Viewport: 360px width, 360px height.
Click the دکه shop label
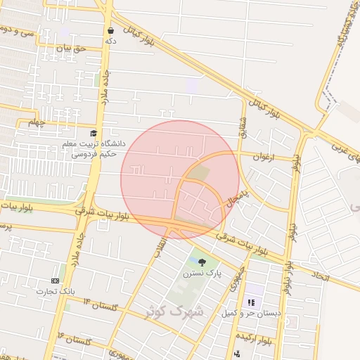click(110, 41)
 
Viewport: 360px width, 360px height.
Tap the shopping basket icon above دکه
click(111, 31)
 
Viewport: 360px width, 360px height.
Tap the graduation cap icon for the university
click(94, 133)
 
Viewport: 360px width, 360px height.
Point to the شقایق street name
click(245, 127)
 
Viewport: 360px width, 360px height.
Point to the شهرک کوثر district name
click(174, 311)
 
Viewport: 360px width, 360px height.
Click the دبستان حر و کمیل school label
click(251, 313)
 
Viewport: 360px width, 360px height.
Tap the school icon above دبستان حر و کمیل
click(250, 302)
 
